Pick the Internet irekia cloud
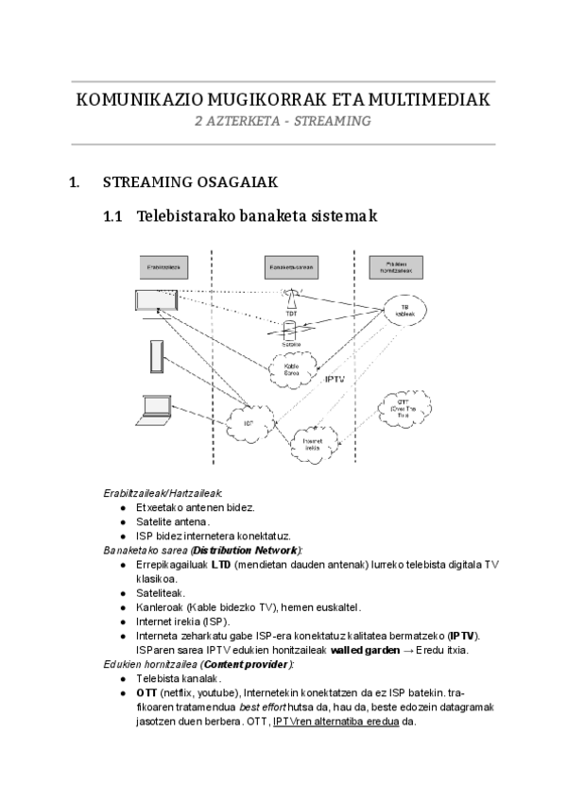pyautogui.click(x=312, y=440)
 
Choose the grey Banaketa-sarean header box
pyautogui.click(x=291, y=267)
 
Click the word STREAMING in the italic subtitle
pyautogui.click(x=331, y=121)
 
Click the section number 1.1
pyautogui.click(x=113, y=216)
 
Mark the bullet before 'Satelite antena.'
pyautogui.click(x=124, y=520)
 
